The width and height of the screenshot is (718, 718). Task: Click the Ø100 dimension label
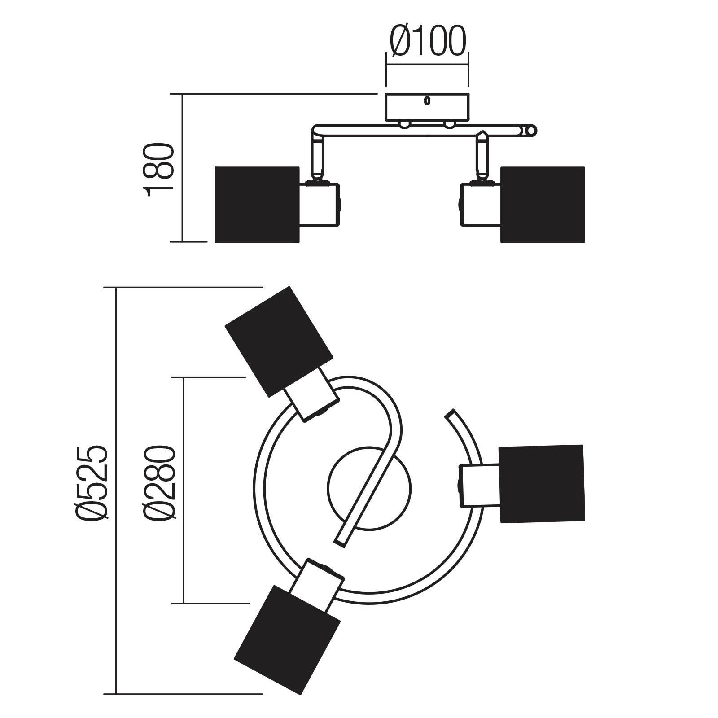click(x=428, y=41)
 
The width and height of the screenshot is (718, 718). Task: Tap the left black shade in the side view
click(x=257, y=205)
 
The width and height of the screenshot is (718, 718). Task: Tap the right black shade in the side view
click(x=543, y=205)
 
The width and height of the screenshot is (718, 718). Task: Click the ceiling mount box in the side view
click(x=427, y=106)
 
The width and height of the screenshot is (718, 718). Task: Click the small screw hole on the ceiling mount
click(x=427, y=101)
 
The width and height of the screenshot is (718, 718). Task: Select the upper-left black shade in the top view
click(x=279, y=342)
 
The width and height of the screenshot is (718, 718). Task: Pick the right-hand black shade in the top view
click(x=542, y=484)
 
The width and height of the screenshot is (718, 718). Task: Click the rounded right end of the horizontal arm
click(x=530, y=131)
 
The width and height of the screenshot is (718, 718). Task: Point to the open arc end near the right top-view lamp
click(x=450, y=414)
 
